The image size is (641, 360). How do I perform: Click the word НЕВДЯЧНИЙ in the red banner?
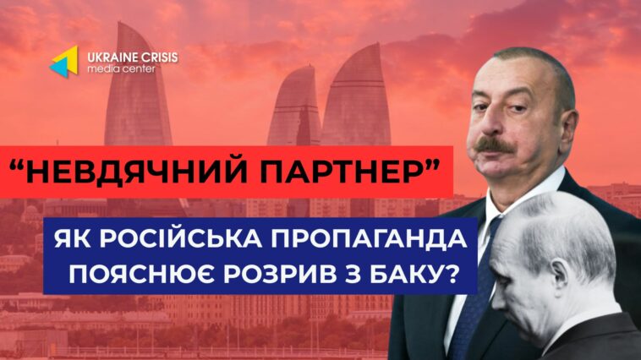click(x=138, y=172)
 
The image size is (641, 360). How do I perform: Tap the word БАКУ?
click(x=401, y=275)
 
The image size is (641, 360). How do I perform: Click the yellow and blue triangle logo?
click(x=64, y=62)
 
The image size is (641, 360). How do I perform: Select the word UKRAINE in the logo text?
click(x=107, y=57)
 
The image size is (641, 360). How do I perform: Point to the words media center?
click(x=121, y=69)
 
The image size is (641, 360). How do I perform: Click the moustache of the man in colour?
click(x=496, y=145)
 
